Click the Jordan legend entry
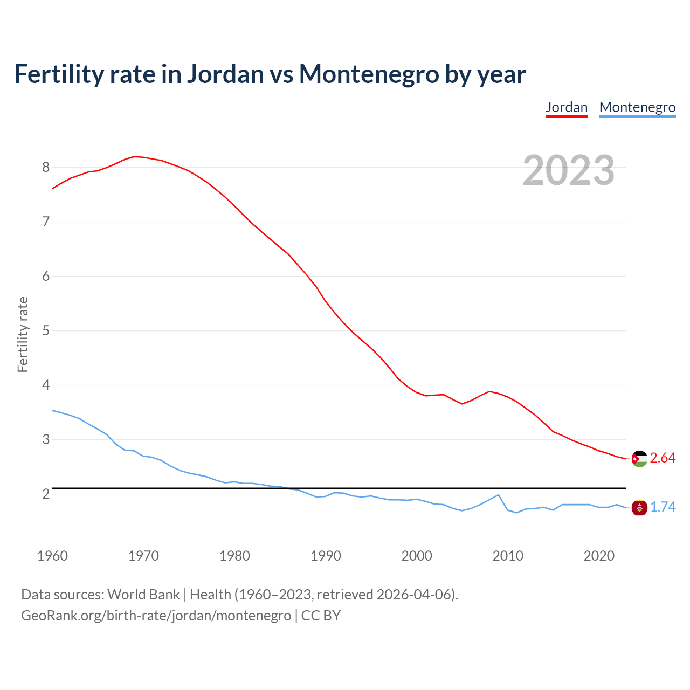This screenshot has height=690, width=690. [566, 107]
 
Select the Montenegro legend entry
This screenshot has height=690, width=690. [637, 107]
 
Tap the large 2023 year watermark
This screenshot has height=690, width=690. [568, 170]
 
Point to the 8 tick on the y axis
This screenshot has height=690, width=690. [46, 167]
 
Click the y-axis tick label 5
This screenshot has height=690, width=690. [46, 330]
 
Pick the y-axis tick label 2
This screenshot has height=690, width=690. [46, 494]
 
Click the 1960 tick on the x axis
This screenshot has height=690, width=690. [52, 556]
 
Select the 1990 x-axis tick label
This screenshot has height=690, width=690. [326, 556]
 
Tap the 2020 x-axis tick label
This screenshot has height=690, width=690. [599, 556]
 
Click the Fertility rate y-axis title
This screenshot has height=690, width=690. [23, 334]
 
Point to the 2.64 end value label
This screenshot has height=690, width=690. [663, 458]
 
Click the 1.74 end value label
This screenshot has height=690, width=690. [663, 507]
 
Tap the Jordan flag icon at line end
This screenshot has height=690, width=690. [639, 459]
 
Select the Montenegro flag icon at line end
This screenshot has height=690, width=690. [639, 507]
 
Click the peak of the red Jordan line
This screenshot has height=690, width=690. [134, 156]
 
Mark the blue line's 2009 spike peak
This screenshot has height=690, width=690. [498, 495]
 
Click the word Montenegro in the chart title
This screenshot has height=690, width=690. [369, 74]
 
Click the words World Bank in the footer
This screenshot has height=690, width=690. [143, 595]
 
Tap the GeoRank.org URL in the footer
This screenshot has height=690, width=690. [156, 616]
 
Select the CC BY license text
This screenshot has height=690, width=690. [321, 616]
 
